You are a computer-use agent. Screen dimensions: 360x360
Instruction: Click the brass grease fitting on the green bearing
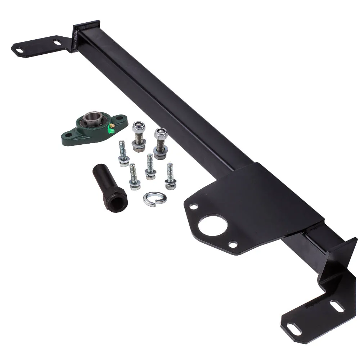[112, 125]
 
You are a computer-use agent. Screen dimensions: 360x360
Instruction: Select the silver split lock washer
[154, 198]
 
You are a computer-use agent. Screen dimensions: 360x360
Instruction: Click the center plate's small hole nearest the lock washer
[194, 207]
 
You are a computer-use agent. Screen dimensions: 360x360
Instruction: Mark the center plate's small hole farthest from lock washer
[233, 245]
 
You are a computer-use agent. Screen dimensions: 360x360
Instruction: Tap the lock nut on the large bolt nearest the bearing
[138, 127]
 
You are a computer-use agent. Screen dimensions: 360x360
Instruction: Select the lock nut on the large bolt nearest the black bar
[161, 134]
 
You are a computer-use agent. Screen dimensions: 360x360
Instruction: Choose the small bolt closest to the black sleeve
[134, 176]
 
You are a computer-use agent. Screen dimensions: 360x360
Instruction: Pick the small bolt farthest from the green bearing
[170, 176]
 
